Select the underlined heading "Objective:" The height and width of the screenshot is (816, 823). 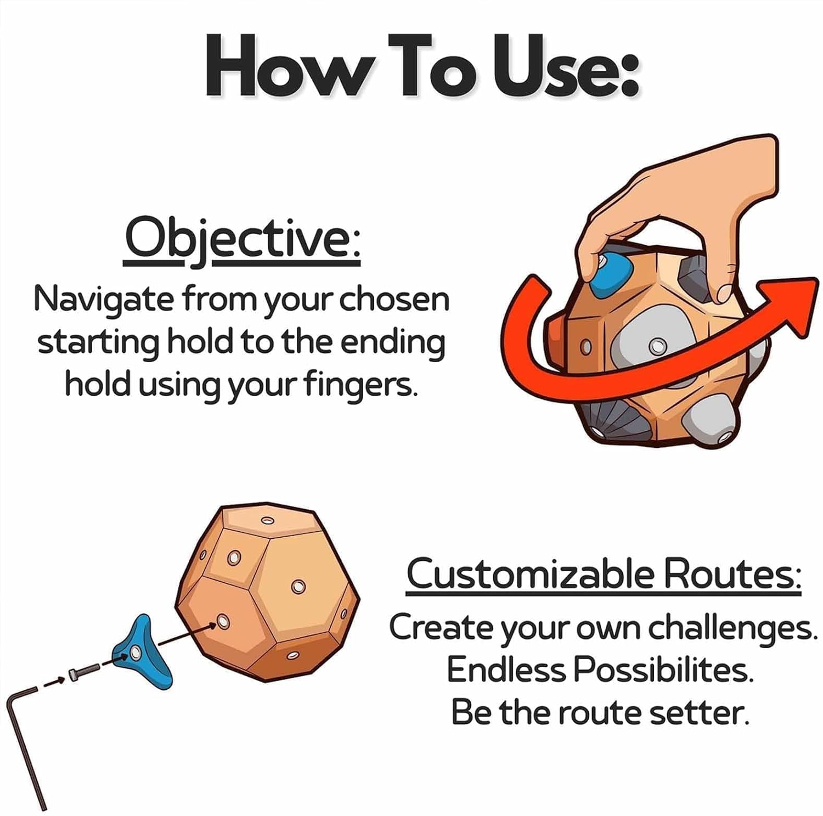point(242,242)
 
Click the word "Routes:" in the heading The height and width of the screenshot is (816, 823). point(732,574)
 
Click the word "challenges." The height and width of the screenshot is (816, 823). point(730,629)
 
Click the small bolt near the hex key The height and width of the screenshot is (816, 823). point(83,672)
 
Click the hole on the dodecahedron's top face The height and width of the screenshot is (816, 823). point(268,521)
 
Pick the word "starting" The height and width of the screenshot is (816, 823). point(98,344)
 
